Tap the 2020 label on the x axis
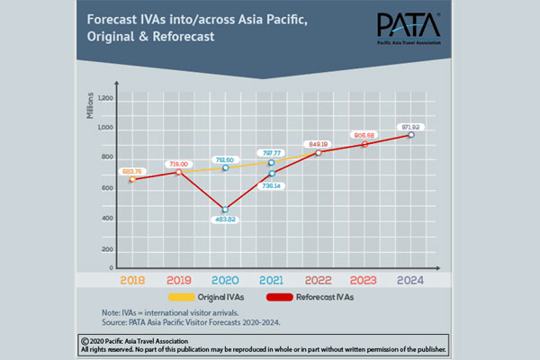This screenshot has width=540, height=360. (x=225, y=281)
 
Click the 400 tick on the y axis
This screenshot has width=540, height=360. (x=106, y=218)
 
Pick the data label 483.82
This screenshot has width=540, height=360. (x=225, y=221)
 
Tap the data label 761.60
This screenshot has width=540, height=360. (x=225, y=156)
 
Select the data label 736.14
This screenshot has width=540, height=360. (x=272, y=185)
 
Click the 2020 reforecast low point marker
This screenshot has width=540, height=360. (x=225, y=210)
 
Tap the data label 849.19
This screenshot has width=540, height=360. (x=318, y=142)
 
